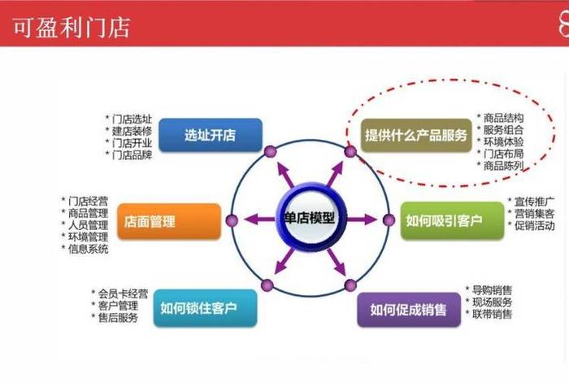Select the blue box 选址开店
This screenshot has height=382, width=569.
pos(210,136)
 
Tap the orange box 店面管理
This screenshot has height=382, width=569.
pos(169,221)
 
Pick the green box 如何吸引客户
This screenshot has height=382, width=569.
pos(443,220)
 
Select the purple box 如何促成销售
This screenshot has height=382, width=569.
pos(408,310)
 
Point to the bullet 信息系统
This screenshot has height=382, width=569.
pos(87,249)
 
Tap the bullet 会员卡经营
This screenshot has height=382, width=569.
pos(119,293)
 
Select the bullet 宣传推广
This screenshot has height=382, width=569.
pos(533,200)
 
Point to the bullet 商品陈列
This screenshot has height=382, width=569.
pos(503,166)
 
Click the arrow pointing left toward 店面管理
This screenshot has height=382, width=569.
pos(259,219)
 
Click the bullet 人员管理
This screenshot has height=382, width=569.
pos(87,224)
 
